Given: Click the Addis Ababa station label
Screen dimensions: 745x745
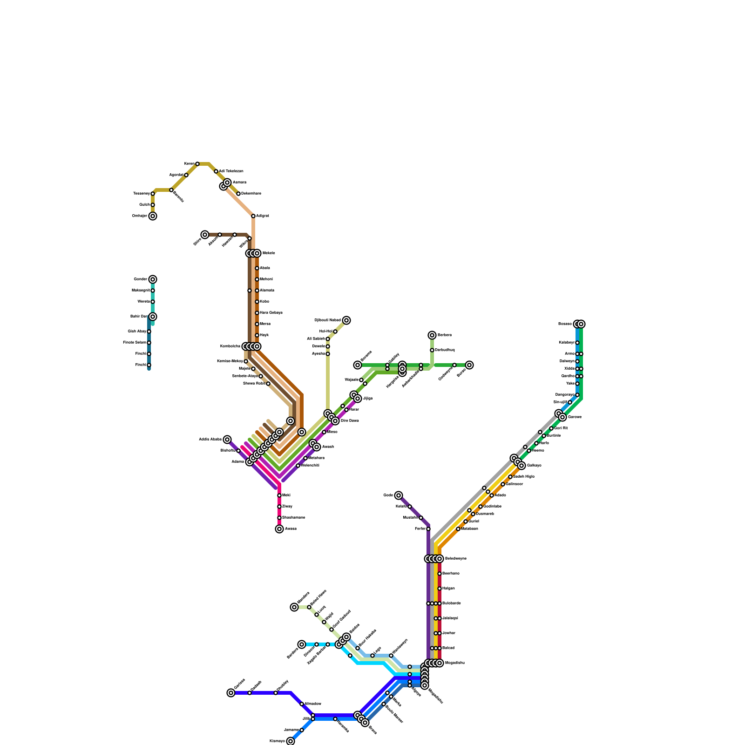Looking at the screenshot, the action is tap(210, 440).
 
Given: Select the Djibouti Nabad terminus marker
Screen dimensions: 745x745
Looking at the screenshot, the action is tap(346, 320).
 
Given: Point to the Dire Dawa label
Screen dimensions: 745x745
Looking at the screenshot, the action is tap(350, 421).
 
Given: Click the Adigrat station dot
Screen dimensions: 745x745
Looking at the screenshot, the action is tap(253, 216).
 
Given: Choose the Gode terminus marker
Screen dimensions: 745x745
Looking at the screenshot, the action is tap(399, 495).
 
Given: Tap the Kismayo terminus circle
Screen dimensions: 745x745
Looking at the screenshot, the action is tap(291, 741).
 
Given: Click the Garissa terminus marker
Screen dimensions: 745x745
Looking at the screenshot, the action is tap(231, 693).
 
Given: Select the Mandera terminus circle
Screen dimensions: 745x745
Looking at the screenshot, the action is tap(294, 607).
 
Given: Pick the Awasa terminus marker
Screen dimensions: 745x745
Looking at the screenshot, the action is tap(279, 529).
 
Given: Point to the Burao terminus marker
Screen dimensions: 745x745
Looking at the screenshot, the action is tap(469, 365).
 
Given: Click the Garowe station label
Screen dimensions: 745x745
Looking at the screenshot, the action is tap(575, 417).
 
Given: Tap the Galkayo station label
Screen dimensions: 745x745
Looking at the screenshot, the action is tap(534, 466).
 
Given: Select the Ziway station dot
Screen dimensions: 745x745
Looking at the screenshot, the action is tap(279, 507).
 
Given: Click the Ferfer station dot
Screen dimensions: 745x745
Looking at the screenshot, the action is tap(428, 529).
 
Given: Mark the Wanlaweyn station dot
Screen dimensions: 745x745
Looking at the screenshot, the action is tap(391, 656).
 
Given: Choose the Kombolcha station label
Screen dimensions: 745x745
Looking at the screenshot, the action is tap(230, 346).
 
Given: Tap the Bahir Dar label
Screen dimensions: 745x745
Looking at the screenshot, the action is tap(139, 317).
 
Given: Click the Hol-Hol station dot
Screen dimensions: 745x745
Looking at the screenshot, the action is tap(335, 332).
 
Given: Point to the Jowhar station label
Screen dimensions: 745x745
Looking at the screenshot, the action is tap(448, 633).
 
